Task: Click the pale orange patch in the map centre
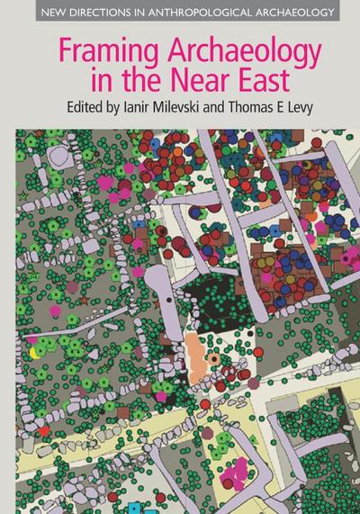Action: click(198, 347)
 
